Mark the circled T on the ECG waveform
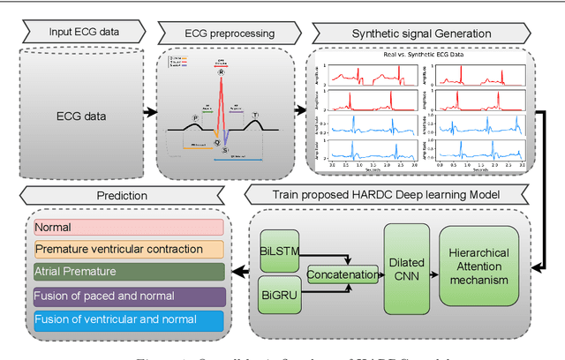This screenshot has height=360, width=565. click(x=255, y=116)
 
